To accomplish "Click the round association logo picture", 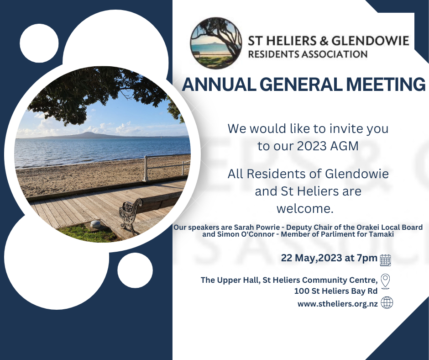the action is tap(216, 43).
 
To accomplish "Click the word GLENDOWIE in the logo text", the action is tap(371, 41).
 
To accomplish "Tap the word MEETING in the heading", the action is tap(386, 85).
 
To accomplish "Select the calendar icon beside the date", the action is tap(386, 260).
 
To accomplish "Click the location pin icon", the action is tap(385, 281).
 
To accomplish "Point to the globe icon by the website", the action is tap(387, 303).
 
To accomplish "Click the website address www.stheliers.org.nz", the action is tap(338, 304).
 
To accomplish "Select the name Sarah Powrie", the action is tap(257, 228).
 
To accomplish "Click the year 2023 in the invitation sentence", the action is tap(312, 146).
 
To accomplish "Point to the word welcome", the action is tap(305, 209).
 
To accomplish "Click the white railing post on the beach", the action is tap(146, 169).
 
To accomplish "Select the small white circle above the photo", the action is tap(39, 43).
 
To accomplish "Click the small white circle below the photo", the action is tap(135, 270).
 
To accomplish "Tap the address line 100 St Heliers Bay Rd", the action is tap(336, 291).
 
